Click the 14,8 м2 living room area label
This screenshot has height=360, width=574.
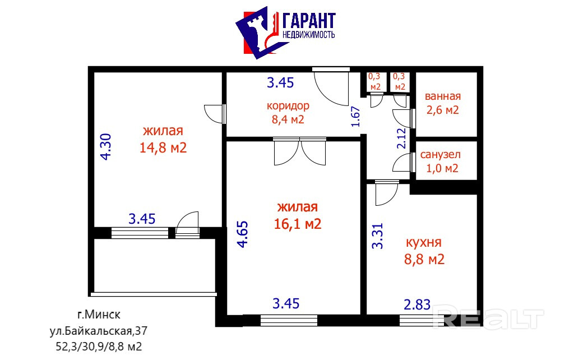click(163, 147)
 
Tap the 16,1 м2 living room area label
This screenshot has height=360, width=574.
click(298, 224)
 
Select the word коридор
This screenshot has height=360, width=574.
click(288, 106)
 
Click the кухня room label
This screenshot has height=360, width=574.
click(424, 242)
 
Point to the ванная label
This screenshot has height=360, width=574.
click(443, 96)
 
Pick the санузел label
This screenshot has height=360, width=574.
click(441, 155)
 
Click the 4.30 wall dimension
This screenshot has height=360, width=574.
click(106, 147)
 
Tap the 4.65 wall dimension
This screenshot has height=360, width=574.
click(243, 234)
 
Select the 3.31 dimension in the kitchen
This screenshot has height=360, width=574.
click(377, 236)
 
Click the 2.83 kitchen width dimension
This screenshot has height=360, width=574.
click(417, 304)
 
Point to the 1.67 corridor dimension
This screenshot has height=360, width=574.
click(356, 117)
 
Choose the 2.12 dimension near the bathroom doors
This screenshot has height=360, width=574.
click(401, 138)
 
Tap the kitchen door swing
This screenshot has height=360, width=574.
click(387, 193)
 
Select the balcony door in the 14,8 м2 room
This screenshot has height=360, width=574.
click(187, 223)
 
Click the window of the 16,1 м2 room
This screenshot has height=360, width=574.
click(289, 320)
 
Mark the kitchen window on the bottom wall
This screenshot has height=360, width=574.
click(422, 320)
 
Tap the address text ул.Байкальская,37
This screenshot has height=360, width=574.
click(99, 331)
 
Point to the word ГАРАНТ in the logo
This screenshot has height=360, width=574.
click(309, 21)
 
